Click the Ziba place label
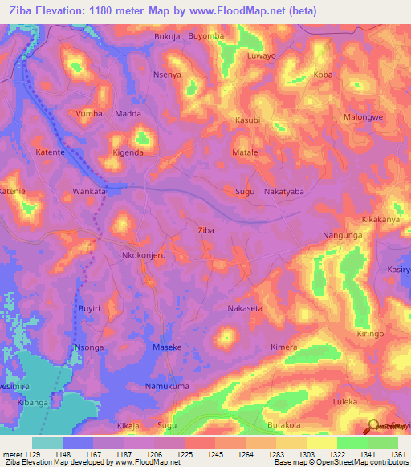point(205,230)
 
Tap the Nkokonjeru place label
point(143,255)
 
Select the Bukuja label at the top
point(167,37)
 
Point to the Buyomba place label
point(205,37)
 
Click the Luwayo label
point(262,56)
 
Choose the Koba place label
point(324,75)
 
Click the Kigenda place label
point(128,152)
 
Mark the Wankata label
point(89,193)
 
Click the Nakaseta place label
point(245,308)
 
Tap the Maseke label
point(167,347)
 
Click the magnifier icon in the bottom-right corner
point(373,426)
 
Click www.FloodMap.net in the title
point(246,11)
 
